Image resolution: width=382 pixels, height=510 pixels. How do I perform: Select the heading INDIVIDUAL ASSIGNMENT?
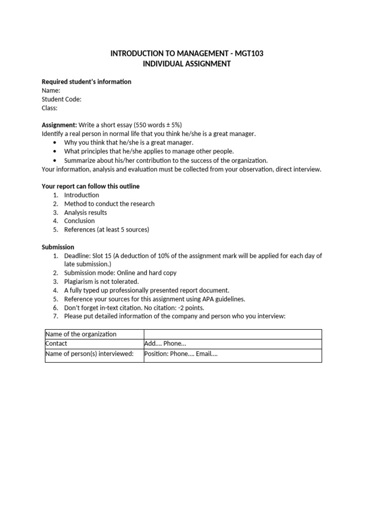tap(187, 64)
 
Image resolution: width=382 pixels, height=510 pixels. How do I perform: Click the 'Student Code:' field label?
tap(61, 99)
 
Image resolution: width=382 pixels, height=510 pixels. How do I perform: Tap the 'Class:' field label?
tap(49, 108)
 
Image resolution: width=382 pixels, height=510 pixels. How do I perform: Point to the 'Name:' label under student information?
tap(51, 91)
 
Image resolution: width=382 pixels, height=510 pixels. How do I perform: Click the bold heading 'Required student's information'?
tap(87, 82)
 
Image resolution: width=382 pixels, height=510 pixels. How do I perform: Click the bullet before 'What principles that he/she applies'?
tap(55, 151)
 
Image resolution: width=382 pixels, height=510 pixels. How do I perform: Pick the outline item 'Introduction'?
tap(82, 195)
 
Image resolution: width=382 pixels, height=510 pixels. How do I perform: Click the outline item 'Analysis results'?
tap(86, 212)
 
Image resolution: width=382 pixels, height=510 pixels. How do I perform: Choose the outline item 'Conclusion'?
tap(80, 221)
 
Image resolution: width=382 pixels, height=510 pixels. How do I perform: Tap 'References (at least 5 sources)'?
tap(106, 230)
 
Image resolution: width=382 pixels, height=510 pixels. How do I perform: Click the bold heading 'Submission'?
tap(58, 247)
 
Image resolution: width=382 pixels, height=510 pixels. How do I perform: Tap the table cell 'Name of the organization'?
tap(81, 334)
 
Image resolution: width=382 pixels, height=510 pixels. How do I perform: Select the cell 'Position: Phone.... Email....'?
tap(181, 354)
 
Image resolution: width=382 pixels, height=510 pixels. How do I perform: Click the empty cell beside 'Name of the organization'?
tap(232, 334)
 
